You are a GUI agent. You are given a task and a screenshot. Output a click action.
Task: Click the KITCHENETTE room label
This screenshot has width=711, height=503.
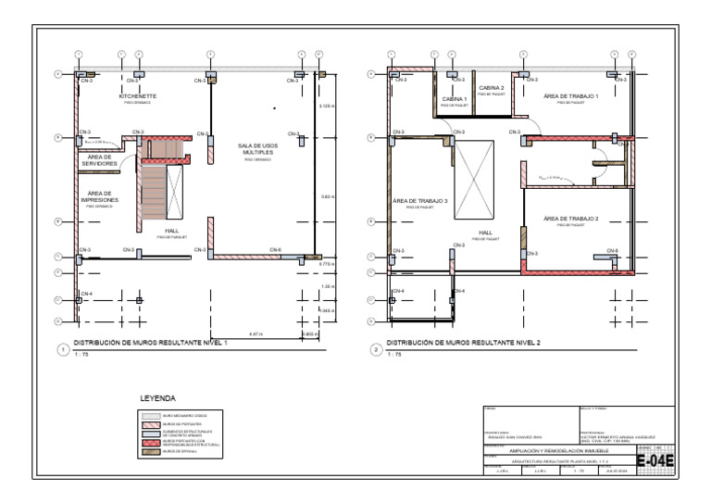pos(137,96)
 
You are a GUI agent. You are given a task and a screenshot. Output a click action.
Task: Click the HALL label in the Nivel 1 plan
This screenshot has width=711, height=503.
pos(172,231)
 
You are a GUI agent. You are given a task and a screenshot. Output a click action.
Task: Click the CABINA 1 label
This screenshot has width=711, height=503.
pos(454,98)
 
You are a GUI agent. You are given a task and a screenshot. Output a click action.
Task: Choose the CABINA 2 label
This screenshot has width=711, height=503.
pos(492,88)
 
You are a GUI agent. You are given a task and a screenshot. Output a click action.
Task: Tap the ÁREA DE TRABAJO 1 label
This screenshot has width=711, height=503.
pos(570,96)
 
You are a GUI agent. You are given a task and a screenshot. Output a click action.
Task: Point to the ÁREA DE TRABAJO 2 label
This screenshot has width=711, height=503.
pos(570,219)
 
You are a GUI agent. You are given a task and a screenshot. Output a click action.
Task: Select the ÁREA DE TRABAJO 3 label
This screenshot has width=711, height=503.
pos(420,201)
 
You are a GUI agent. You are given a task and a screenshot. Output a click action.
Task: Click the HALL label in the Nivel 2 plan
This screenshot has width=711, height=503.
pos(485,233)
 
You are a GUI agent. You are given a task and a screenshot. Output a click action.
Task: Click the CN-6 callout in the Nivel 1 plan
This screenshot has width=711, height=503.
pos(276,250)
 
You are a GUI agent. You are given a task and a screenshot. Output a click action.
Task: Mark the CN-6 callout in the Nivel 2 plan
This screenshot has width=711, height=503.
pos(612,250)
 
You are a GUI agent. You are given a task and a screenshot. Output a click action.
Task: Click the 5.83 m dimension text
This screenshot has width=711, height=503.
pos(327,196)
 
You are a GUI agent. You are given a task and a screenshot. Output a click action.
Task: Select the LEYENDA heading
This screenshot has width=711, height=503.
pos(157,397)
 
